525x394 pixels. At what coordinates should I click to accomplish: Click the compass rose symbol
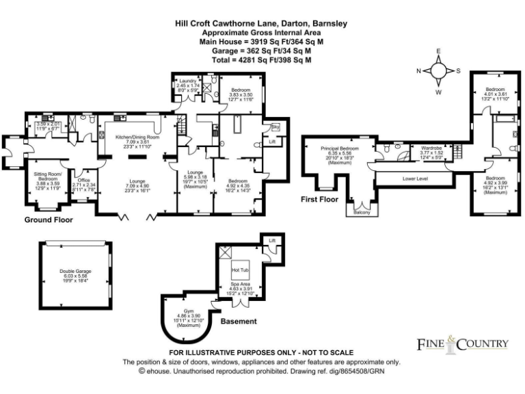click(x=439, y=71)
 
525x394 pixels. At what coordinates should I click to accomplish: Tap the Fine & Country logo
click(x=463, y=343)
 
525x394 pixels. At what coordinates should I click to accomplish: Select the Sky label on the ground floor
click(x=275, y=127)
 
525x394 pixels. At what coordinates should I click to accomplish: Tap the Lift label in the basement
click(x=272, y=241)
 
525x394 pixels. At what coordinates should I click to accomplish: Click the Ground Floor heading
click(x=49, y=220)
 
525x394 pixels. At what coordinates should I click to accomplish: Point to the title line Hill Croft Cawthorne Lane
click(x=260, y=23)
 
